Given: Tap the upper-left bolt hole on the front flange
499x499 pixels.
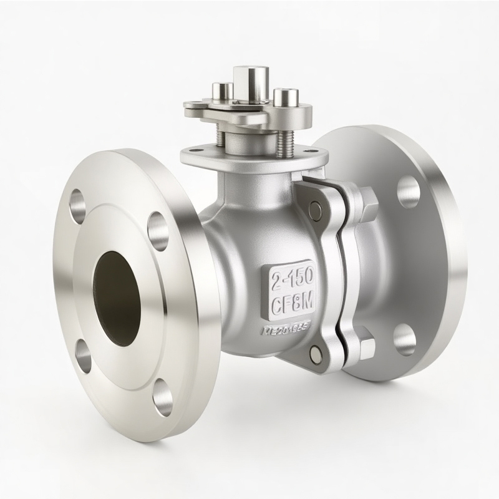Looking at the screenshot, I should (79, 206).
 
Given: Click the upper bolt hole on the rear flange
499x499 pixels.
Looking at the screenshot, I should (408, 191).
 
